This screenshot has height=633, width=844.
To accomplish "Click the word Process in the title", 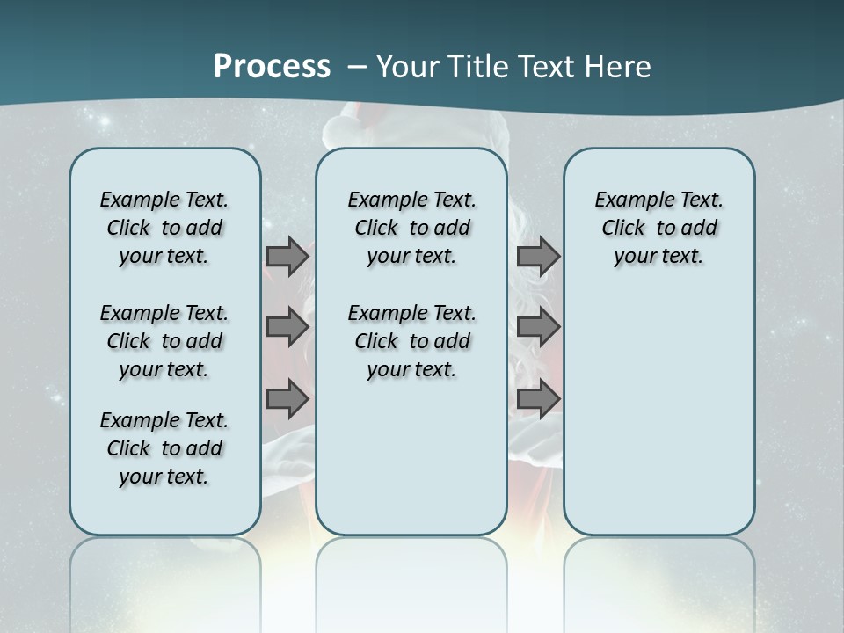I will [x=272, y=67].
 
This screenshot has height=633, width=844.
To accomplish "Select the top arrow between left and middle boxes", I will [x=287, y=257].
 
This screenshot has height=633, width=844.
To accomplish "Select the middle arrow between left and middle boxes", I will [x=287, y=328].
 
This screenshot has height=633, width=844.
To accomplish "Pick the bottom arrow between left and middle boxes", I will [x=287, y=398].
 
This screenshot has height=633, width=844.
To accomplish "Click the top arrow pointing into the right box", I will [x=538, y=257].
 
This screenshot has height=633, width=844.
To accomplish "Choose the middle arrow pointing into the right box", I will [x=538, y=328].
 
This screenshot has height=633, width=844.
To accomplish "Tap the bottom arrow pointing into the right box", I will [x=538, y=398].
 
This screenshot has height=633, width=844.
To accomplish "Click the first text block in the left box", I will [x=164, y=228].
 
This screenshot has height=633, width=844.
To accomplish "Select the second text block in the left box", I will [x=164, y=341].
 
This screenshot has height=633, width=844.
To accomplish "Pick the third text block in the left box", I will [x=164, y=448].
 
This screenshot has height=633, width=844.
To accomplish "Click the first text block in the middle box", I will [x=411, y=228].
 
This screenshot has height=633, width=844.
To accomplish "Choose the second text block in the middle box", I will [x=411, y=341].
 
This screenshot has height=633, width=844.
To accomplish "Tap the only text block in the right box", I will [x=658, y=228].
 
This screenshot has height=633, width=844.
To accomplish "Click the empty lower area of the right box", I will [x=658, y=413].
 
